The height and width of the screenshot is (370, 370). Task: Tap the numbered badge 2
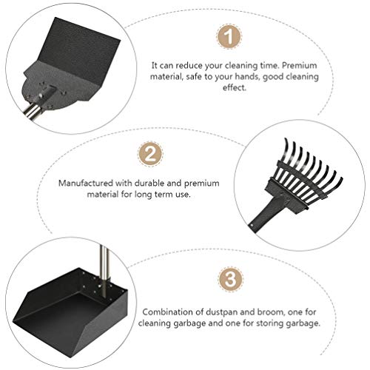150,155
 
